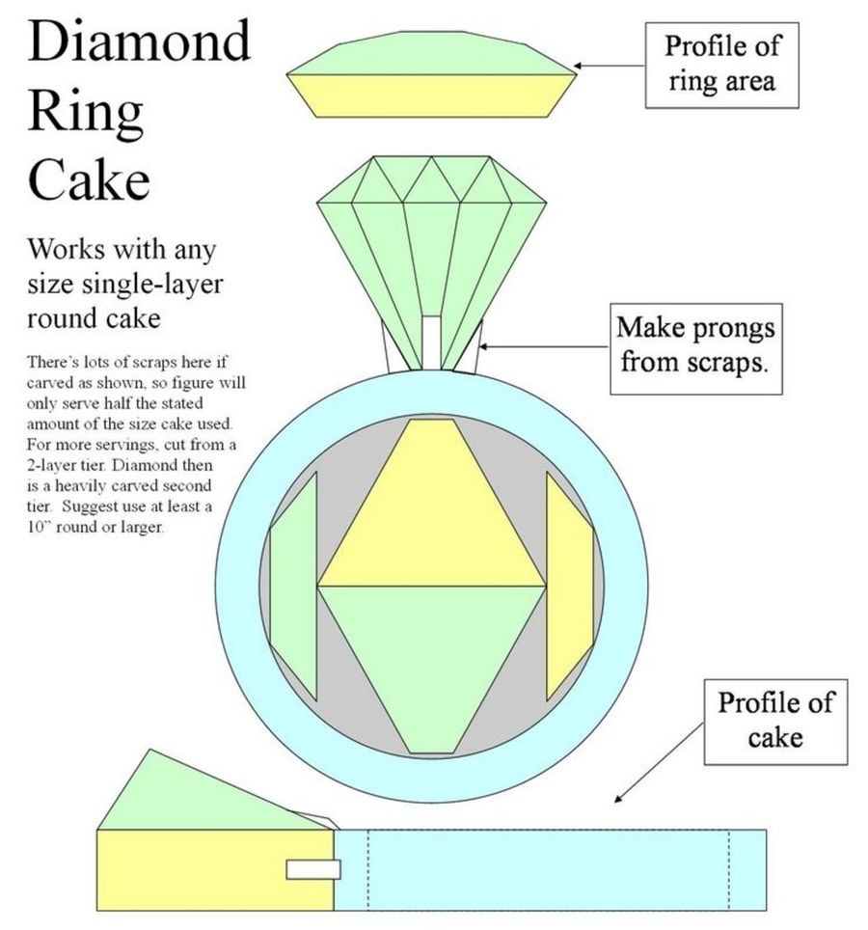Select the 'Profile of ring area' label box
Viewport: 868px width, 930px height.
point(722,64)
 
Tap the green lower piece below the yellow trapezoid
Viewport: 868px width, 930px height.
point(431,656)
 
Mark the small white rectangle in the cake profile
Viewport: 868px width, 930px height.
point(312,869)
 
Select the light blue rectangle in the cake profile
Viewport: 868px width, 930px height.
point(550,868)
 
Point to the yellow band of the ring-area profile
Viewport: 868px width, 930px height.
point(431,93)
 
